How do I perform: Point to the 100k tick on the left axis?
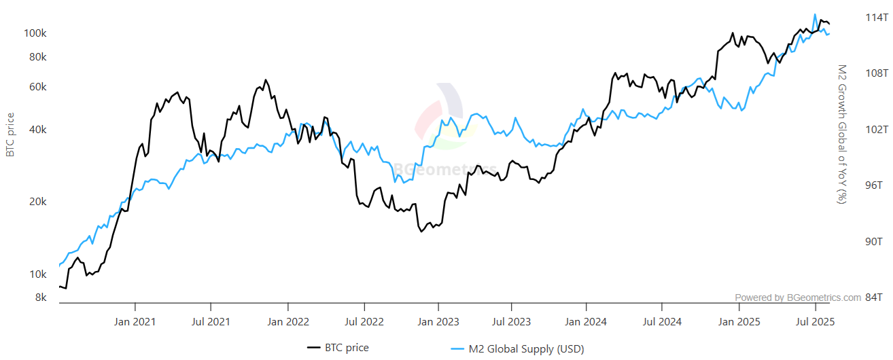pos(35,33)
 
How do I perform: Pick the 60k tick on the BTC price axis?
pos(37,87)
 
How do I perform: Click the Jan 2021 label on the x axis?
pos(135,321)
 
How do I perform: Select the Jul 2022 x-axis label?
pos(360,321)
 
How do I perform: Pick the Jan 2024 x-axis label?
pos(586,321)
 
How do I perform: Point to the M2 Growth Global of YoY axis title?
pos(841,134)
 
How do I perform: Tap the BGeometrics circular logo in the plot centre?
pos(439,115)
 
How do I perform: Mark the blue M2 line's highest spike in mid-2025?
pos(815,14)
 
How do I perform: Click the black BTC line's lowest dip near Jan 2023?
pos(421,232)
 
